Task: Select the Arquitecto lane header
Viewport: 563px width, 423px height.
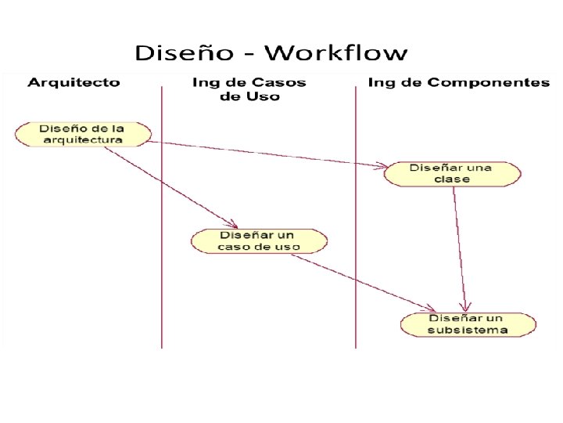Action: click(x=74, y=82)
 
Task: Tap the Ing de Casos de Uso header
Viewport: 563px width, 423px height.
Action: click(x=249, y=89)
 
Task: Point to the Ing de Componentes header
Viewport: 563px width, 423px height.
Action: click(x=458, y=82)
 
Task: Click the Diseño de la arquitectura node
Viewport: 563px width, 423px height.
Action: click(x=83, y=133)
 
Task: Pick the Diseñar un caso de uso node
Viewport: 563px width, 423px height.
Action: click(x=259, y=240)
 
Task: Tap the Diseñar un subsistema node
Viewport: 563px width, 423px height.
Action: click(x=468, y=324)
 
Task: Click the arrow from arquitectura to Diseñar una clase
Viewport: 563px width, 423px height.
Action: click(x=266, y=154)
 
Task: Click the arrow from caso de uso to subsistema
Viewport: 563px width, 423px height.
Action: click(x=368, y=280)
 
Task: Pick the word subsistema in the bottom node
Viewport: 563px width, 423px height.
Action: click(x=468, y=330)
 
